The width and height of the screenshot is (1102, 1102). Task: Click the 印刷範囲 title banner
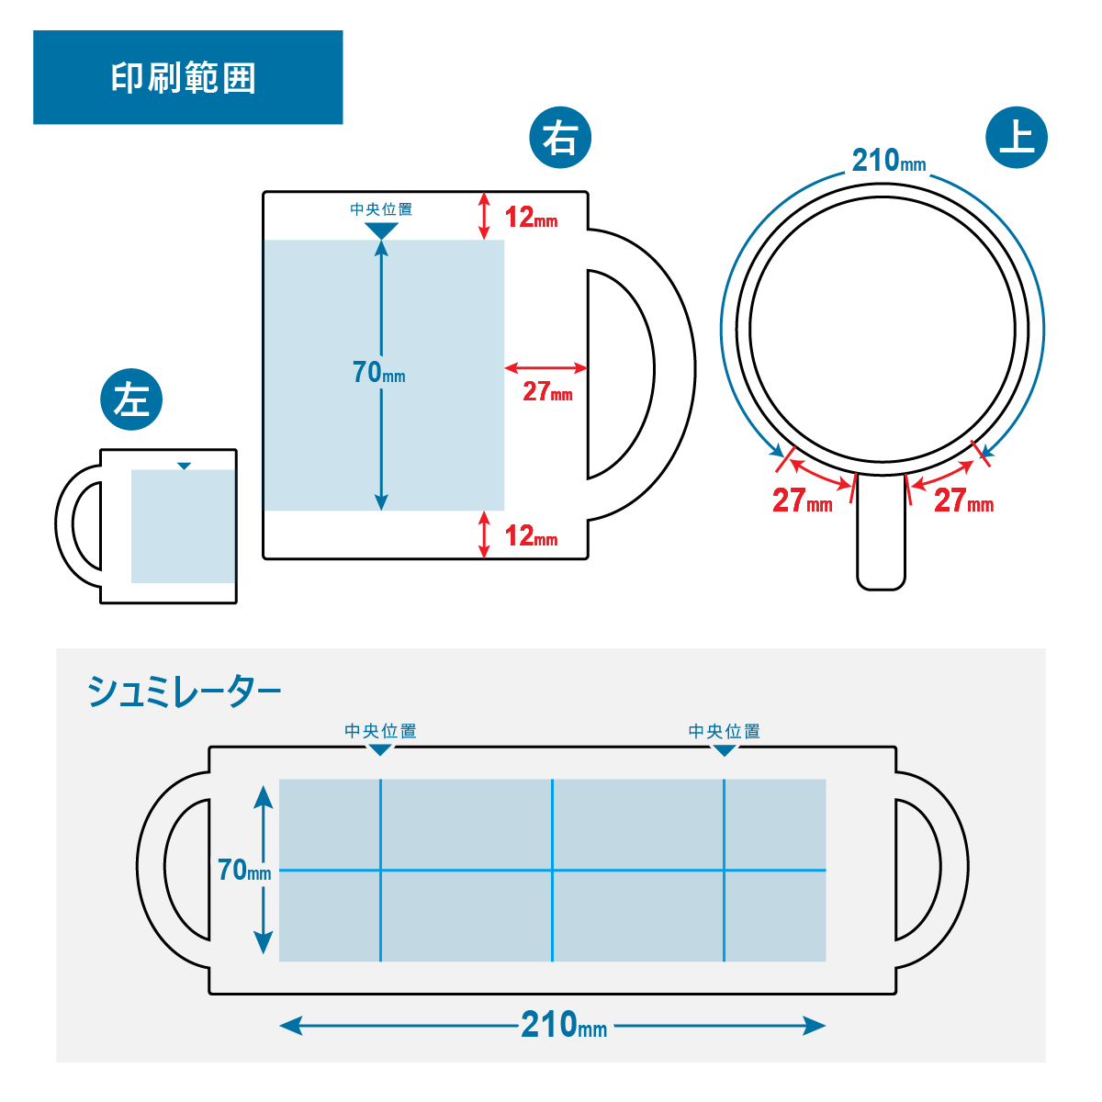(x=187, y=77)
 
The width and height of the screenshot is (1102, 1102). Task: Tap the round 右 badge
(x=560, y=139)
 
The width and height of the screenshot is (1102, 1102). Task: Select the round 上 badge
(x=1016, y=138)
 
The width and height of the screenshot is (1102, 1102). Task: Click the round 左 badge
(x=131, y=399)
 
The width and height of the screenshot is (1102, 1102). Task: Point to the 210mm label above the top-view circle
(x=888, y=161)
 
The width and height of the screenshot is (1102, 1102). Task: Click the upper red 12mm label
(x=531, y=218)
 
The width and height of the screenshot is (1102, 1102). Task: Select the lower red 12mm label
(x=531, y=535)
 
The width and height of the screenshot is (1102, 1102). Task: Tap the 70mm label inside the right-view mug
(x=378, y=372)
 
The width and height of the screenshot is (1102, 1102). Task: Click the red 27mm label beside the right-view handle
(x=547, y=392)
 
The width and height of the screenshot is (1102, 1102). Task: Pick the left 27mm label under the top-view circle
(x=802, y=500)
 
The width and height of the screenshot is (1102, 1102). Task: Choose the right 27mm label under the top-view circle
(x=963, y=500)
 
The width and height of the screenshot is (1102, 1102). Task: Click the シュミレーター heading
(x=185, y=692)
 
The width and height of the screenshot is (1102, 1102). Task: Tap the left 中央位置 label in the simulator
(x=380, y=731)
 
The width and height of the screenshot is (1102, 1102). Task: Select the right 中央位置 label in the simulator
(x=725, y=731)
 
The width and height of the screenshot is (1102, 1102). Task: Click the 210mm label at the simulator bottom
(x=564, y=1025)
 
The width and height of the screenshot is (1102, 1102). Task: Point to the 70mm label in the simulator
(x=244, y=870)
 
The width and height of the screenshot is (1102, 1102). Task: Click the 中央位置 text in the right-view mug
(x=381, y=209)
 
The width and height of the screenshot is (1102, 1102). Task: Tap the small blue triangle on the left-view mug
(x=185, y=467)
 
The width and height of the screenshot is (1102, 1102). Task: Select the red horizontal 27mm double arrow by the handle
(x=545, y=368)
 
